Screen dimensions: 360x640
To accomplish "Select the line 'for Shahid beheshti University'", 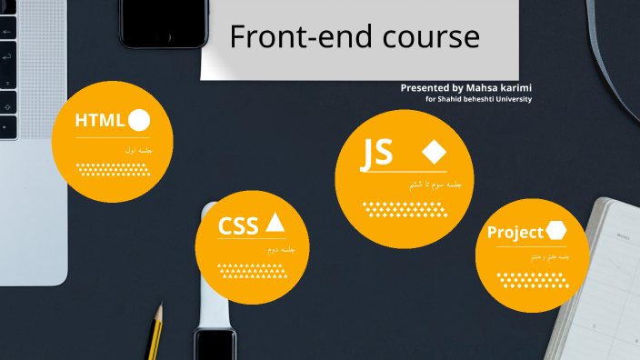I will click(478, 99).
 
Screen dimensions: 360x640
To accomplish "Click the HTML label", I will click(100, 121).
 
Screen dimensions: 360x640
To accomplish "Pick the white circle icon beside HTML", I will click(140, 120).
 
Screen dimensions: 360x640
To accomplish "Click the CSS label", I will click(238, 225).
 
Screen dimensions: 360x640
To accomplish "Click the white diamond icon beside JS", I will click(434, 151).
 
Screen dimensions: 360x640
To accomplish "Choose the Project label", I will click(515, 233).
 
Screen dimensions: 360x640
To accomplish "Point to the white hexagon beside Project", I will click(555, 232).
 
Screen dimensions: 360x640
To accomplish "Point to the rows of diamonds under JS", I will click(405, 208).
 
